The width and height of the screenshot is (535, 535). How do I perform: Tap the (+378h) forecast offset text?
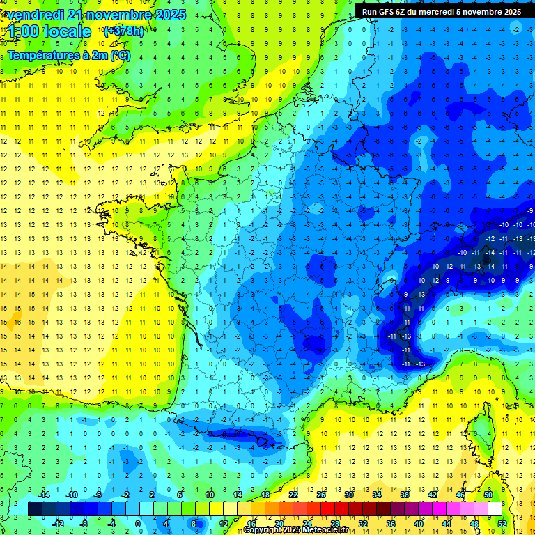pyautogui.click(x=124, y=31)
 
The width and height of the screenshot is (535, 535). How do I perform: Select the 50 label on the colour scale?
pyautogui.click(x=488, y=494)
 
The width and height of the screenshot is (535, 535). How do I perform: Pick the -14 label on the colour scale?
pyautogui.click(x=43, y=494)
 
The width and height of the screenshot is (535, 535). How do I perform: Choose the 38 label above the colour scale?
pyautogui.click(x=405, y=494)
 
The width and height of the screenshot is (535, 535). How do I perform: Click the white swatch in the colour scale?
pyautogui.click(x=495, y=509)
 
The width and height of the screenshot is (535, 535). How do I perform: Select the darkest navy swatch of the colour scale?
pyautogui.click(x=36, y=509)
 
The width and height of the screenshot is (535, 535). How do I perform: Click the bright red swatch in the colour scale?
pyautogui.click(x=327, y=509)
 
